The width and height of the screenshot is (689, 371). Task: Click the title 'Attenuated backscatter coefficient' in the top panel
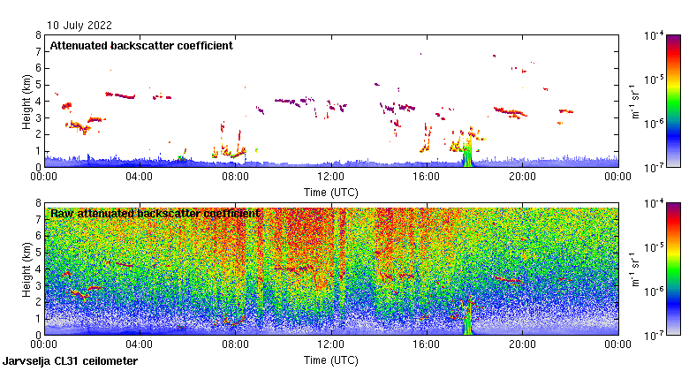[x=141, y=46]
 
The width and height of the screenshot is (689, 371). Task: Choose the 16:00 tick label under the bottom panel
[x=427, y=344]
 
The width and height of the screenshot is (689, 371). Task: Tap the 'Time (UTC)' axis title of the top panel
[x=331, y=191]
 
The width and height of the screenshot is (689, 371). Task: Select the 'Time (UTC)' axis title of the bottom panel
[x=331, y=360]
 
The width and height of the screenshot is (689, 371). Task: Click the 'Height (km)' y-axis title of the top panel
[x=27, y=101]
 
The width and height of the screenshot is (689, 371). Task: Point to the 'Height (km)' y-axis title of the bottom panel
[x=27, y=269]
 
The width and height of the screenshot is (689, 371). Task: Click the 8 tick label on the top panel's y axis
[x=38, y=35]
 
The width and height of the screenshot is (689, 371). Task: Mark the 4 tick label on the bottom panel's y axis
[x=38, y=269]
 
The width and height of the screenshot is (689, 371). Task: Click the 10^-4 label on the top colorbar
[x=662, y=36]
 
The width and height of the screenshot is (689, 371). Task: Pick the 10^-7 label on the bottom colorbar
[x=662, y=335]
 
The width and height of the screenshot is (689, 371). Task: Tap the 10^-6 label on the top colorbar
[x=662, y=123]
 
